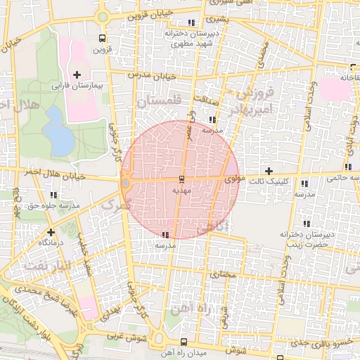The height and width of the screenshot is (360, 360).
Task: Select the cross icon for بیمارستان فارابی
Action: (x=77, y=74)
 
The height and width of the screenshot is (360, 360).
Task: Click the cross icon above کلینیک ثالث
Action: (x=269, y=170)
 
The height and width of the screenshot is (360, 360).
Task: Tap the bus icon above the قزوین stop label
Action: (x=103, y=39)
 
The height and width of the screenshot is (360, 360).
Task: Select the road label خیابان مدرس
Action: (x=150, y=75)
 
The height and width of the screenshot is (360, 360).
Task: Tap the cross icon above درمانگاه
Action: (x=51, y=231)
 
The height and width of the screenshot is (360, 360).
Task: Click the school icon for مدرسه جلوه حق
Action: (x=15, y=194)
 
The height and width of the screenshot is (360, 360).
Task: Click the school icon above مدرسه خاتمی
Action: (x=348, y=167)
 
